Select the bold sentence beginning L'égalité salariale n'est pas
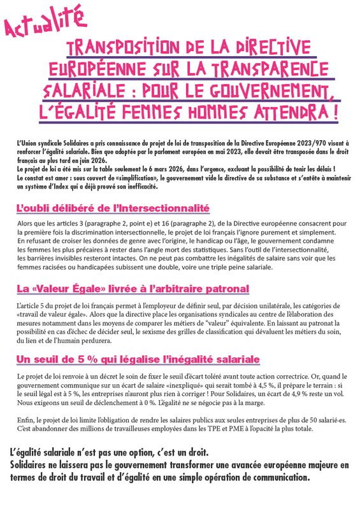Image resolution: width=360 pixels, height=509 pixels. tap(109, 453)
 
